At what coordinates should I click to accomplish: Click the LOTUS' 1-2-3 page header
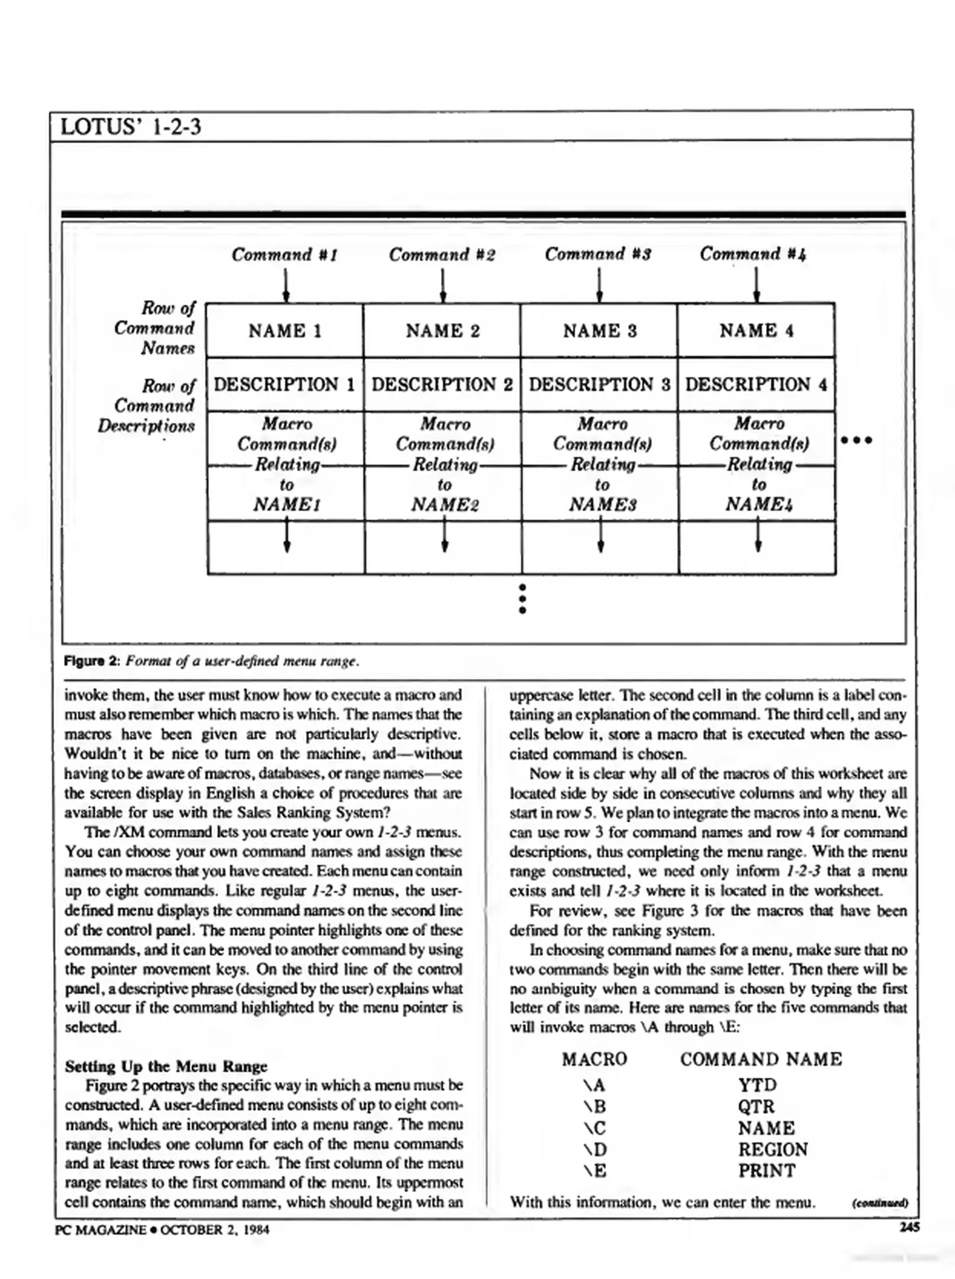131,127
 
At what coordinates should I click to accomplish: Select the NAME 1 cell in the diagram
285,331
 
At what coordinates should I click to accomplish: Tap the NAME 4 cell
756,330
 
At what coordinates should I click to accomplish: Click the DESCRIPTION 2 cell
442,385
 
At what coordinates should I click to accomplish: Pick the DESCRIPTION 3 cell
599,385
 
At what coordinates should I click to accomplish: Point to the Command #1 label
284,255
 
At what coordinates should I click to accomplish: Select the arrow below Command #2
443,285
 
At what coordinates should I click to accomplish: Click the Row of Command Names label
155,328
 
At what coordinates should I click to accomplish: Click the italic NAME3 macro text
602,505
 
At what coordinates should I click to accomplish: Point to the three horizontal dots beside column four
856,441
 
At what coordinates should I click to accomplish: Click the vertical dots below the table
522,599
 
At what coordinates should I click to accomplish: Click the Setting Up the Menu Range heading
166,1066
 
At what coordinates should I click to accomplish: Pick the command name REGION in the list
772,1149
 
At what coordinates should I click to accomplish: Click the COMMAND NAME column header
760,1059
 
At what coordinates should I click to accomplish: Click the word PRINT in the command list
766,1171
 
